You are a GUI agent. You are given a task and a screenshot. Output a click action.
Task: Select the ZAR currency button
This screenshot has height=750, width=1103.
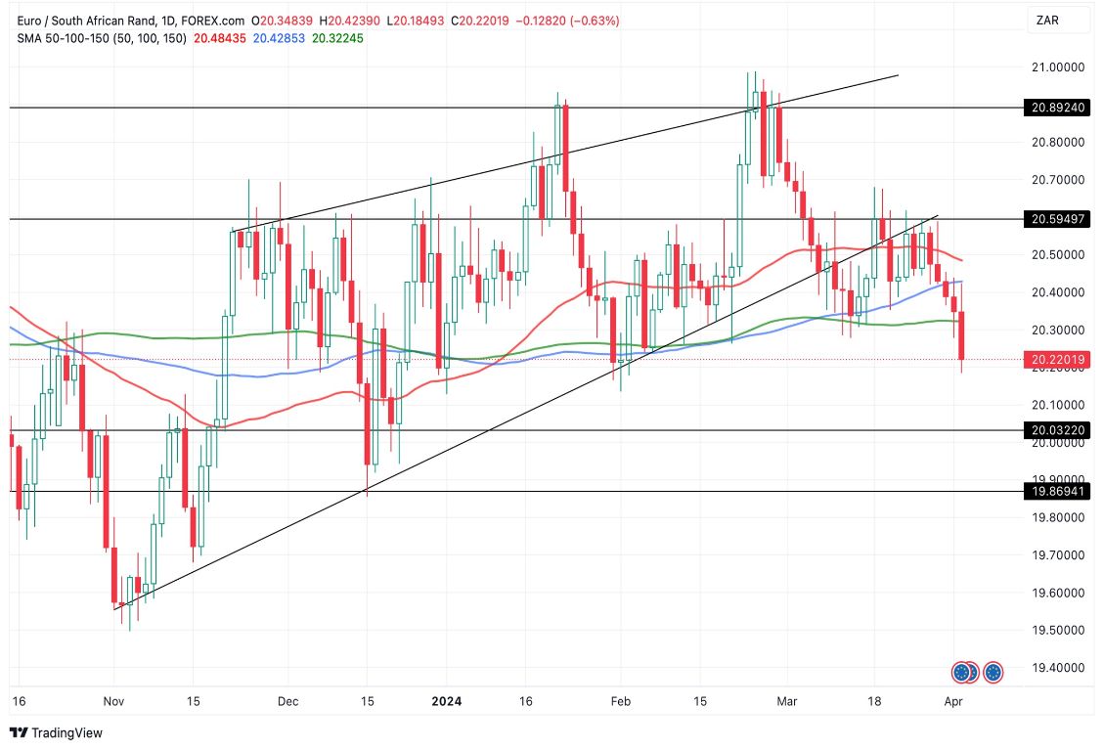[x=1046, y=20]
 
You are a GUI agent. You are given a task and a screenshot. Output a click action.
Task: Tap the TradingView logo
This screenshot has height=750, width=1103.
[x=56, y=732]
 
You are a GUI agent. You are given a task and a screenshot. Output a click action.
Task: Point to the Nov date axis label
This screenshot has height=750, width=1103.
[x=114, y=701]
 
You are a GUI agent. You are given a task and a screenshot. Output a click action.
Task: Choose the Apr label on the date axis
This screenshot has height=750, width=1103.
[x=953, y=701]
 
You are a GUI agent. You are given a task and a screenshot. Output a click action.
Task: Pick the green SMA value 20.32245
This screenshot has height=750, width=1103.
[x=338, y=38]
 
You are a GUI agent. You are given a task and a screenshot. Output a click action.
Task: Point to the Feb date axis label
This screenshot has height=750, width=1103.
[x=617, y=701]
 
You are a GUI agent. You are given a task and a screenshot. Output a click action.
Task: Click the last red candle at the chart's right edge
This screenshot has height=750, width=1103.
[x=963, y=335]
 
